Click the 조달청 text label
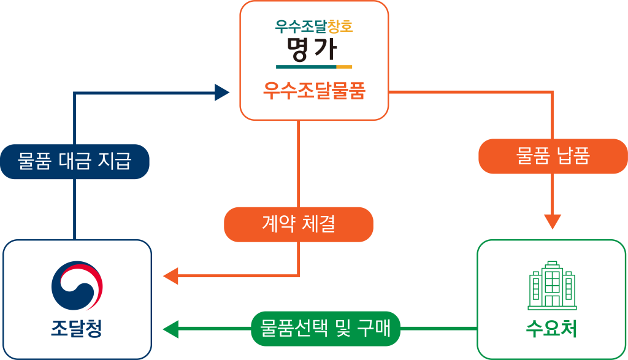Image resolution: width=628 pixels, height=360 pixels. [x=77, y=329]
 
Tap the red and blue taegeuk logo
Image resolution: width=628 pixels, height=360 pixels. [x=77, y=286]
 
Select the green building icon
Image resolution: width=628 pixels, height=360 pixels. [x=552, y=285]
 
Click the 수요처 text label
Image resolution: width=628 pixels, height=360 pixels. [x=552, y=329]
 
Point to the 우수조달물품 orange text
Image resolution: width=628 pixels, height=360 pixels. [x=314, y=91]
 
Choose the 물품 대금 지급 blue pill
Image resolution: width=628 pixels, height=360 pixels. [x=75, y=161]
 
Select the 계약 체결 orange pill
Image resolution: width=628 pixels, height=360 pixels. [x=299, y=224]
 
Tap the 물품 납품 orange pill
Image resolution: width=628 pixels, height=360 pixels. [x=553, y=156]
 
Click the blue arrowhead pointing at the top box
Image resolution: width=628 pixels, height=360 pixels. [x=222, y=93]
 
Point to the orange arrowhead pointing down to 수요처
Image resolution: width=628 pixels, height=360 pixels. [x=553, y=221]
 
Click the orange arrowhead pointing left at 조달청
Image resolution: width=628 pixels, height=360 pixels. [x=170, y=276]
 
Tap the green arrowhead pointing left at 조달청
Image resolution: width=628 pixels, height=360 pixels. [x=170, y=329]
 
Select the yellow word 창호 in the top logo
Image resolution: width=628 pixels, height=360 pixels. [x=340, y=26]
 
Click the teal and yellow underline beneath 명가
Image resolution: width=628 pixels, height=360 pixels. [x=314, y=66]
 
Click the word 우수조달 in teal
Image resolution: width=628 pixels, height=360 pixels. [x=301, y=26]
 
